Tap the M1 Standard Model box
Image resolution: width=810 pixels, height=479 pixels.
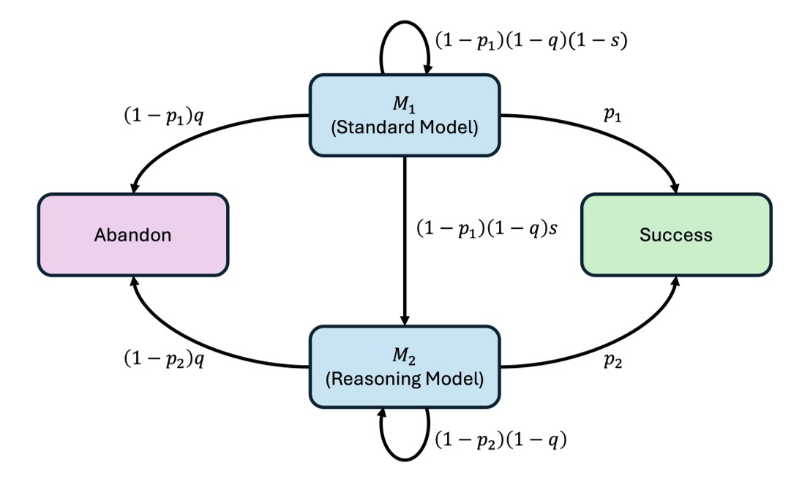coord(405,115)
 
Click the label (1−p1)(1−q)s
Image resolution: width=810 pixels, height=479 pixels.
coord(487,228)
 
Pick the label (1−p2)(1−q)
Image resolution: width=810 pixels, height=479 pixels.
coord(501,440)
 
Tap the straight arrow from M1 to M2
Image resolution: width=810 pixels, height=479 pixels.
coord(405,241)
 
